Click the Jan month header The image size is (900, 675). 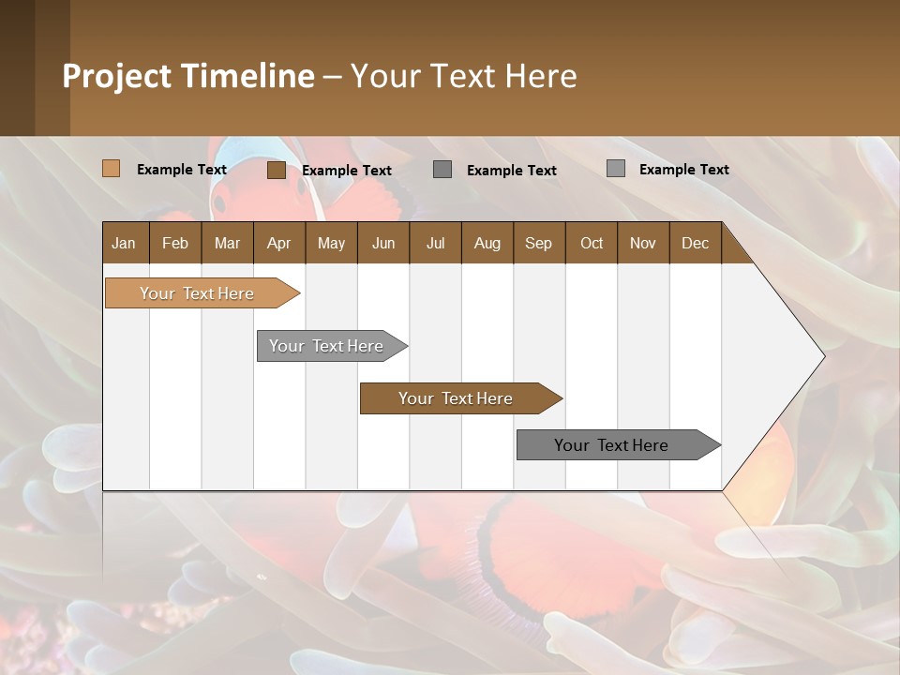(124, 243)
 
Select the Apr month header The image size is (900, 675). (278, 243)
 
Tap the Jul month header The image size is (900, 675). (435, 243)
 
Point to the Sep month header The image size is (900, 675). (538, 243)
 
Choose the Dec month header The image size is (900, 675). (695, 243)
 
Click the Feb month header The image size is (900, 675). (175, 243)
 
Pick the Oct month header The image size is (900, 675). (592, 243)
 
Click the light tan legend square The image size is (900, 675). (111, 169)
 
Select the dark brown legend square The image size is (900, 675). (276, 170)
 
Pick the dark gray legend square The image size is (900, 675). (442, 170)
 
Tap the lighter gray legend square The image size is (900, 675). (615, 169)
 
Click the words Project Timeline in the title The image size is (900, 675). (187, 76)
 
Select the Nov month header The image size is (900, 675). (643, 243)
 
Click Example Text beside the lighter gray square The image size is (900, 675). (683, 170)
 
